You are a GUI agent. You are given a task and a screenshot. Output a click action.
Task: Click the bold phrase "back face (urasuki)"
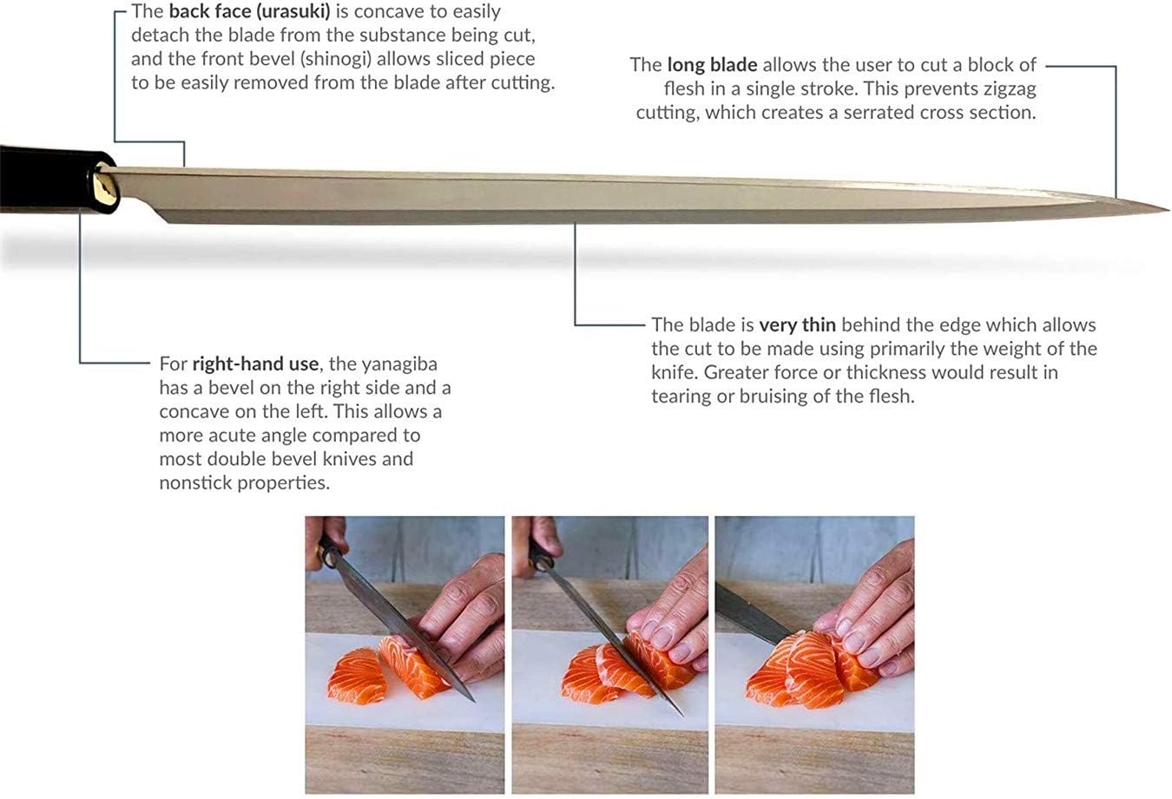pos(249,11)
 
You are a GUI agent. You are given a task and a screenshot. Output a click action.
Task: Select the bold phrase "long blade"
pos(712,65)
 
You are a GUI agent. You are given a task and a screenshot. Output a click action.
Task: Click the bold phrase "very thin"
pos(797,324)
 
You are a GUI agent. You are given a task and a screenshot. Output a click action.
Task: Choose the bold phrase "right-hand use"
pos(255,364)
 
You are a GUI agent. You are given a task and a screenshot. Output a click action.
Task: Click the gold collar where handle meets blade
pos(107,191)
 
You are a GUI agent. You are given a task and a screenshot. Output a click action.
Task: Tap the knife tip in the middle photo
pos(681,714)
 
